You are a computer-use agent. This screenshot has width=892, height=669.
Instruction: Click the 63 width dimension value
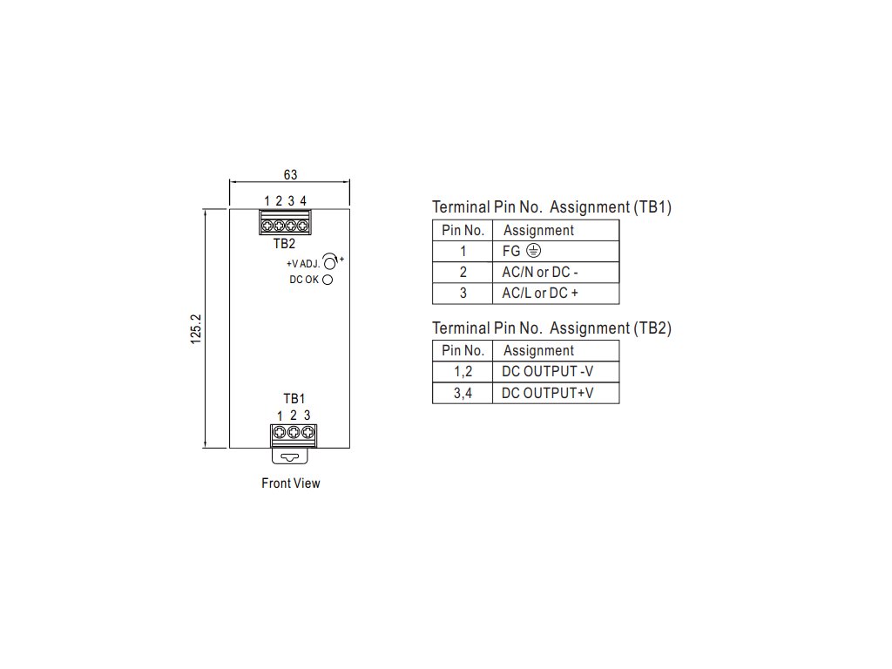[290, 175]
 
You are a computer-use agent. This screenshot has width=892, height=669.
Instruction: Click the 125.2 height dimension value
[197, 328]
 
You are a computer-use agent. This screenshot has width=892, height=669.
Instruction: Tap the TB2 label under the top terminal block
[284, 244]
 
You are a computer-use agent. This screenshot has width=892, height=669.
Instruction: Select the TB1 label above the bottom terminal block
[294, 398]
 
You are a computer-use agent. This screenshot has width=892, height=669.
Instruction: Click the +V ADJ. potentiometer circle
[330, 260]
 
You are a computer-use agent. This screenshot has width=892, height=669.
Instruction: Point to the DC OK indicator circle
[328, 280]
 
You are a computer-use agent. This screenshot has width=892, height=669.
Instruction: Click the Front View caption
[290, 483]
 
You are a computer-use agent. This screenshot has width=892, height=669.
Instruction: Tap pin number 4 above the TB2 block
[303, 201]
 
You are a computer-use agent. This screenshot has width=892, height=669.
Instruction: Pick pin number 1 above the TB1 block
[280, 415]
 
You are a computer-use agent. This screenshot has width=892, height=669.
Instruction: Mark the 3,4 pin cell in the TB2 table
[463, 393]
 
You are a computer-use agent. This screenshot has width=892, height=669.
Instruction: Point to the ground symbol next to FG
[533, 251]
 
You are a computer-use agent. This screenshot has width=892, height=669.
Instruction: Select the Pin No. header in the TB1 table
[463, 230]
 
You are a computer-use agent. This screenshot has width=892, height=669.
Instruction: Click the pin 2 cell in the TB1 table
[463, 272]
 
